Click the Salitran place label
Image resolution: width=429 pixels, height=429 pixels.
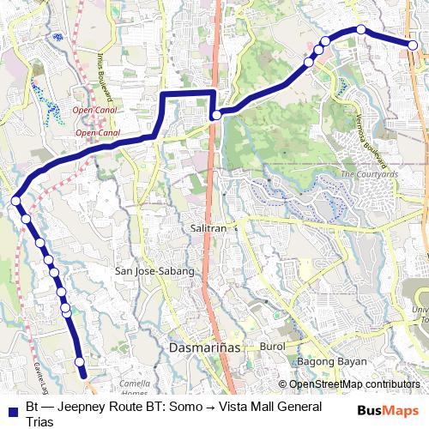click(x=208, y=229)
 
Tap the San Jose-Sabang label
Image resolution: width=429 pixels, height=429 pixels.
click(x=154, y=271)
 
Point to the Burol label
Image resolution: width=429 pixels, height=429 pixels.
click(x=271, y=347)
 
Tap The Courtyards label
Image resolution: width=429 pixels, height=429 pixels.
click(x=369, y=174)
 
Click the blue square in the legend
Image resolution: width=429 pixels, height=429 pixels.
click(x=13, y=408)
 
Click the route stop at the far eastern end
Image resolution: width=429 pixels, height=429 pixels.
click(x=413, y=45)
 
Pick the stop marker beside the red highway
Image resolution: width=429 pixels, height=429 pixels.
click(x=216, y=114)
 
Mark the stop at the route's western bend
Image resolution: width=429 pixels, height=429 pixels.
click(x=15, y=201)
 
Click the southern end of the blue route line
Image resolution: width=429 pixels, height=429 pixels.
click(x=83, y=374)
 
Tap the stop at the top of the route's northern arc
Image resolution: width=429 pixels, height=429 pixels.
click(x=361, y=30)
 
